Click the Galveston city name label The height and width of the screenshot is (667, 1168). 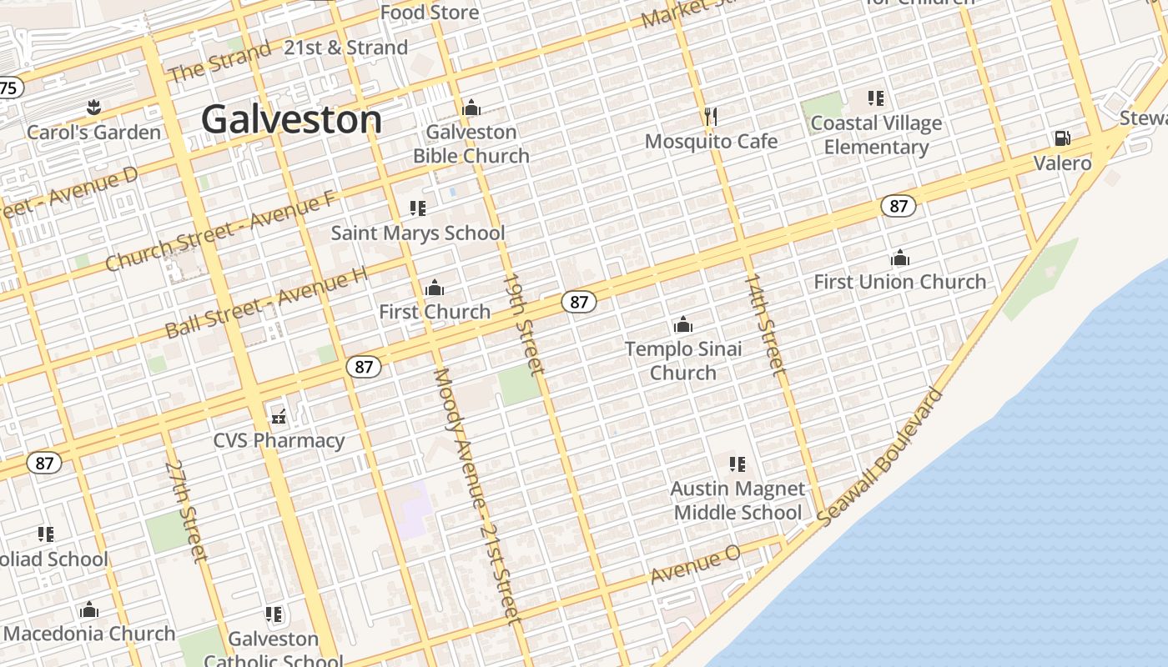coord(291,119)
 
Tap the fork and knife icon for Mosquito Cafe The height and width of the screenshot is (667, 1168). coord(711,116)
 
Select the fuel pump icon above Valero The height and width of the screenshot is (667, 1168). coord(1062,138)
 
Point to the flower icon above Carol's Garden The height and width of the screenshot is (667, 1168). coord(93,108)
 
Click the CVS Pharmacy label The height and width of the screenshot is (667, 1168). coord(279,440)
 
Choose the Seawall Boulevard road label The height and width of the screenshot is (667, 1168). coord(880,457)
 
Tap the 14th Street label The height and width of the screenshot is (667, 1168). coord(764,323)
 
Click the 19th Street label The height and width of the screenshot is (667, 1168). coord(524,323)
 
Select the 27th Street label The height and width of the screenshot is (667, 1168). coord(186,510)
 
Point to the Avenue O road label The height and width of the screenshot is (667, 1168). coord(695,564)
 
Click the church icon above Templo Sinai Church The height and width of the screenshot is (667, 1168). coord(683,324)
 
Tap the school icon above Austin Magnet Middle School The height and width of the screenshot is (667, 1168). coord(737,464)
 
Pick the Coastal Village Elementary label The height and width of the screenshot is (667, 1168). coord(876,135)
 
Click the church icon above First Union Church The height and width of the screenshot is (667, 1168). coord(899,258)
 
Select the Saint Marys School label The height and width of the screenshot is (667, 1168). coord(417,233)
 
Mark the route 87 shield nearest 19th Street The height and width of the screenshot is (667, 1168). coord(578,302)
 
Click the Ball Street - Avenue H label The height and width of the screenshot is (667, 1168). coord(266,302)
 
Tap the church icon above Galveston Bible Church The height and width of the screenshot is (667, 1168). coord(471,108)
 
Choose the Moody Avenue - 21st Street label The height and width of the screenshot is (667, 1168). coord(476,495)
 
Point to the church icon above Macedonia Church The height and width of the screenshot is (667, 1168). coord(89,610)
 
